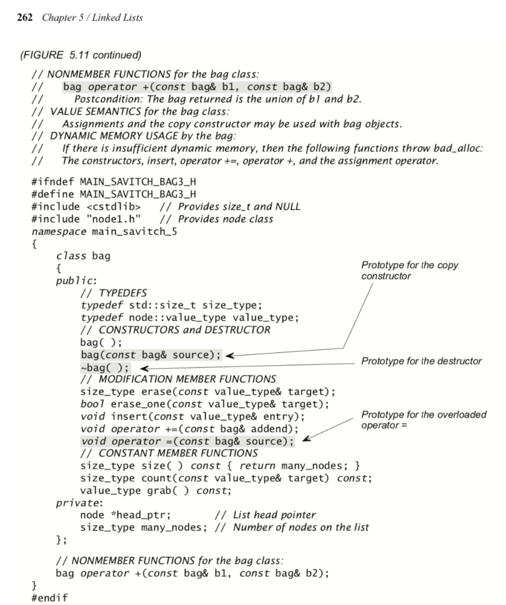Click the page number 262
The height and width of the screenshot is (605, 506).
click(24, 17)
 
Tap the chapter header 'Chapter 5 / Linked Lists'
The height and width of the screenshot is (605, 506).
click(92, 17)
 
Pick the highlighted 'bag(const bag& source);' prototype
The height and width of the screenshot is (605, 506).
click(150, 355)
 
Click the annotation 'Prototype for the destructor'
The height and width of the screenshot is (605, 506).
click(421, 361)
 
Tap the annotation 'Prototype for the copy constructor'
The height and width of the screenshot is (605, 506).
click(409, 271)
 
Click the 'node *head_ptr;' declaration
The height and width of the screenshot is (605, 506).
click(125, 515)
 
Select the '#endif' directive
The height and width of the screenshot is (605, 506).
click(49, 597)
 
